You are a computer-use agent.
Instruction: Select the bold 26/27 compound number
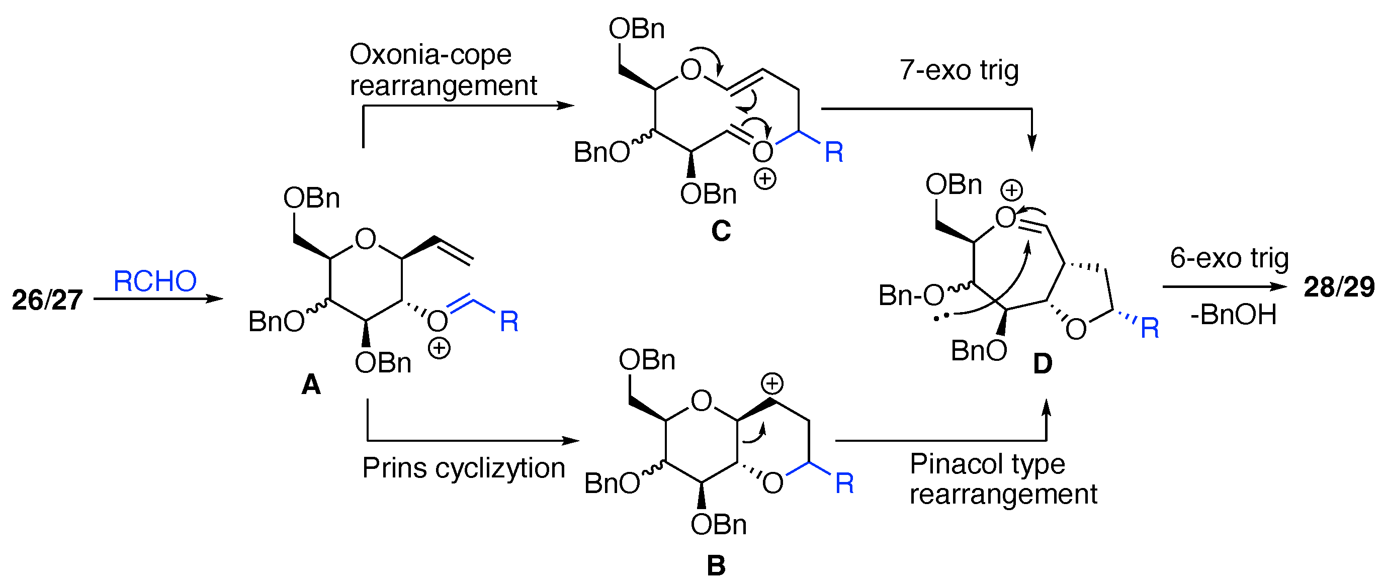pos(47,300)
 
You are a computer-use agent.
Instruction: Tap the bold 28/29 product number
pos(1339,287)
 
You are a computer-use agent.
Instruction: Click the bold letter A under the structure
pos(311,384)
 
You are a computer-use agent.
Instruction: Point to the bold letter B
pos(716,566)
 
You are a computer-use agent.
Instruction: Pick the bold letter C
pos(721,231)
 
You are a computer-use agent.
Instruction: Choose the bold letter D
pos(1043,364)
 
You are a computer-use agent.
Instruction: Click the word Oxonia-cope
pos(430,55)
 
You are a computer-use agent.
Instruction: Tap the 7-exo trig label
pos(959,70)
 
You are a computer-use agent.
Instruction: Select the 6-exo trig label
pos(1229,258)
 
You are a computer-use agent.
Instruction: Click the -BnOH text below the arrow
pos(1233,315)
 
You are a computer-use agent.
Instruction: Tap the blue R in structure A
pos(509,322)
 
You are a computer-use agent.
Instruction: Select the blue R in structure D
pos(1150,328)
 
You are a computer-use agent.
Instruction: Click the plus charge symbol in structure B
pos(772,383)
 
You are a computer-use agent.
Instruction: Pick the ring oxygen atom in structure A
pos(366,239)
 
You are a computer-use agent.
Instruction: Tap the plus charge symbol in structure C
pos(764,179)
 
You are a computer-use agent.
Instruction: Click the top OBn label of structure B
pos(647,360)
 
